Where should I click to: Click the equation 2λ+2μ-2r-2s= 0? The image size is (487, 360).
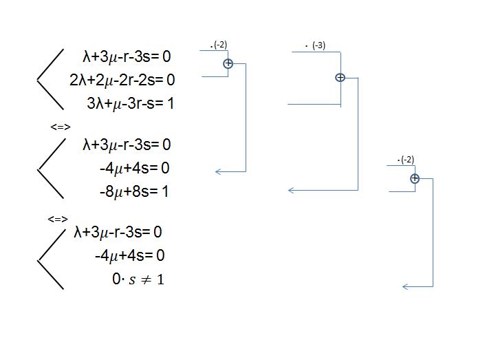(122, 80)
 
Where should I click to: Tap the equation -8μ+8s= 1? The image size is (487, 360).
(134, 191)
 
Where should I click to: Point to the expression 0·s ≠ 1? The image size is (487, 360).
(138, 279)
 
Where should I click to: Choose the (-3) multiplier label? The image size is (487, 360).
(318, 46)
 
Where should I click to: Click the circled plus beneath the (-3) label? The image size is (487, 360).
(340, 78)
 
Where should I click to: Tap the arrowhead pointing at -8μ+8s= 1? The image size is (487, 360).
(291, 190)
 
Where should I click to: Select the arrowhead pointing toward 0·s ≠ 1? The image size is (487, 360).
(405, 286)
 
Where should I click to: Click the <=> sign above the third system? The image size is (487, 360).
(58, 219)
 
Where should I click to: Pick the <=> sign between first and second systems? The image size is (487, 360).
(61, 127)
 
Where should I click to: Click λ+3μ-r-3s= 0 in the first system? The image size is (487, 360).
(127, 56)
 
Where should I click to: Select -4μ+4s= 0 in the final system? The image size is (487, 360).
(130, 255)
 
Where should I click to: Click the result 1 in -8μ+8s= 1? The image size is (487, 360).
(165, 191)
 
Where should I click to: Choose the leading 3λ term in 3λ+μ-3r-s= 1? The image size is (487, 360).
(94, 103)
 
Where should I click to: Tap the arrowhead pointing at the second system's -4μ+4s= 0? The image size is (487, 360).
(219, 171)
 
